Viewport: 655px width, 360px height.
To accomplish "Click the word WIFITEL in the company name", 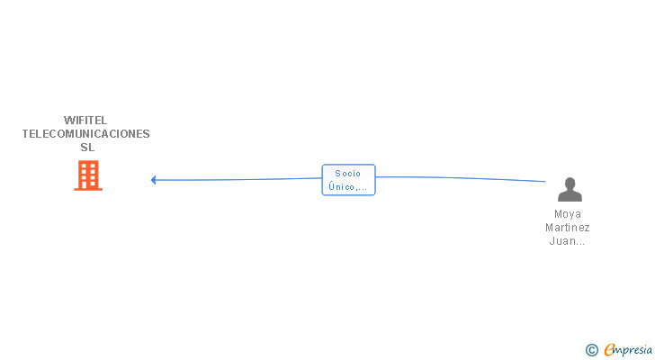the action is tap(86, 120).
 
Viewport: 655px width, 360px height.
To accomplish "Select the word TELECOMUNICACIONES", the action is tap(86, 133).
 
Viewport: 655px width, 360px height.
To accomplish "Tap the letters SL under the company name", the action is tap(86, 147).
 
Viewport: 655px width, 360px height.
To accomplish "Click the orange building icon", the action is tap(87, 175).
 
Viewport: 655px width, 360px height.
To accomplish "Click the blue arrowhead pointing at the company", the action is tap(154, 180).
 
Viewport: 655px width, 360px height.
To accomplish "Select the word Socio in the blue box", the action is tap(347, 173).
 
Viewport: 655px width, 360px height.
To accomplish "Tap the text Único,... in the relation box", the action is tap(347, 186).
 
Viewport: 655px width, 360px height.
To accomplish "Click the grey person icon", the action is tap(569, 189).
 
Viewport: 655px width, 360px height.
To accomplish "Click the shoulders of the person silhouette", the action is tap(569, 195).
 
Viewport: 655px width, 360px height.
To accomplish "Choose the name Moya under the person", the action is tap(568, 214).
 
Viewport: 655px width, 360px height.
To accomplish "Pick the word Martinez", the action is tap(568, 228).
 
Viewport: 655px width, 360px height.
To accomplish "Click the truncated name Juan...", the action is tap(568, 241).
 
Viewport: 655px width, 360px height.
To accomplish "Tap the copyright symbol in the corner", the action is tap(591, 349).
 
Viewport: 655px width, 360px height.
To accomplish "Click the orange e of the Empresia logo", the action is tap(609, 349).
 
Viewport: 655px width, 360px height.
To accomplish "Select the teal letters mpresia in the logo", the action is tap(634, 348).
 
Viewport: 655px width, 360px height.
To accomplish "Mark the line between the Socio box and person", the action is tap(459, 177).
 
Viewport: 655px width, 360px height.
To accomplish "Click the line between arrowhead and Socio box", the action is tap(238, 179).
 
